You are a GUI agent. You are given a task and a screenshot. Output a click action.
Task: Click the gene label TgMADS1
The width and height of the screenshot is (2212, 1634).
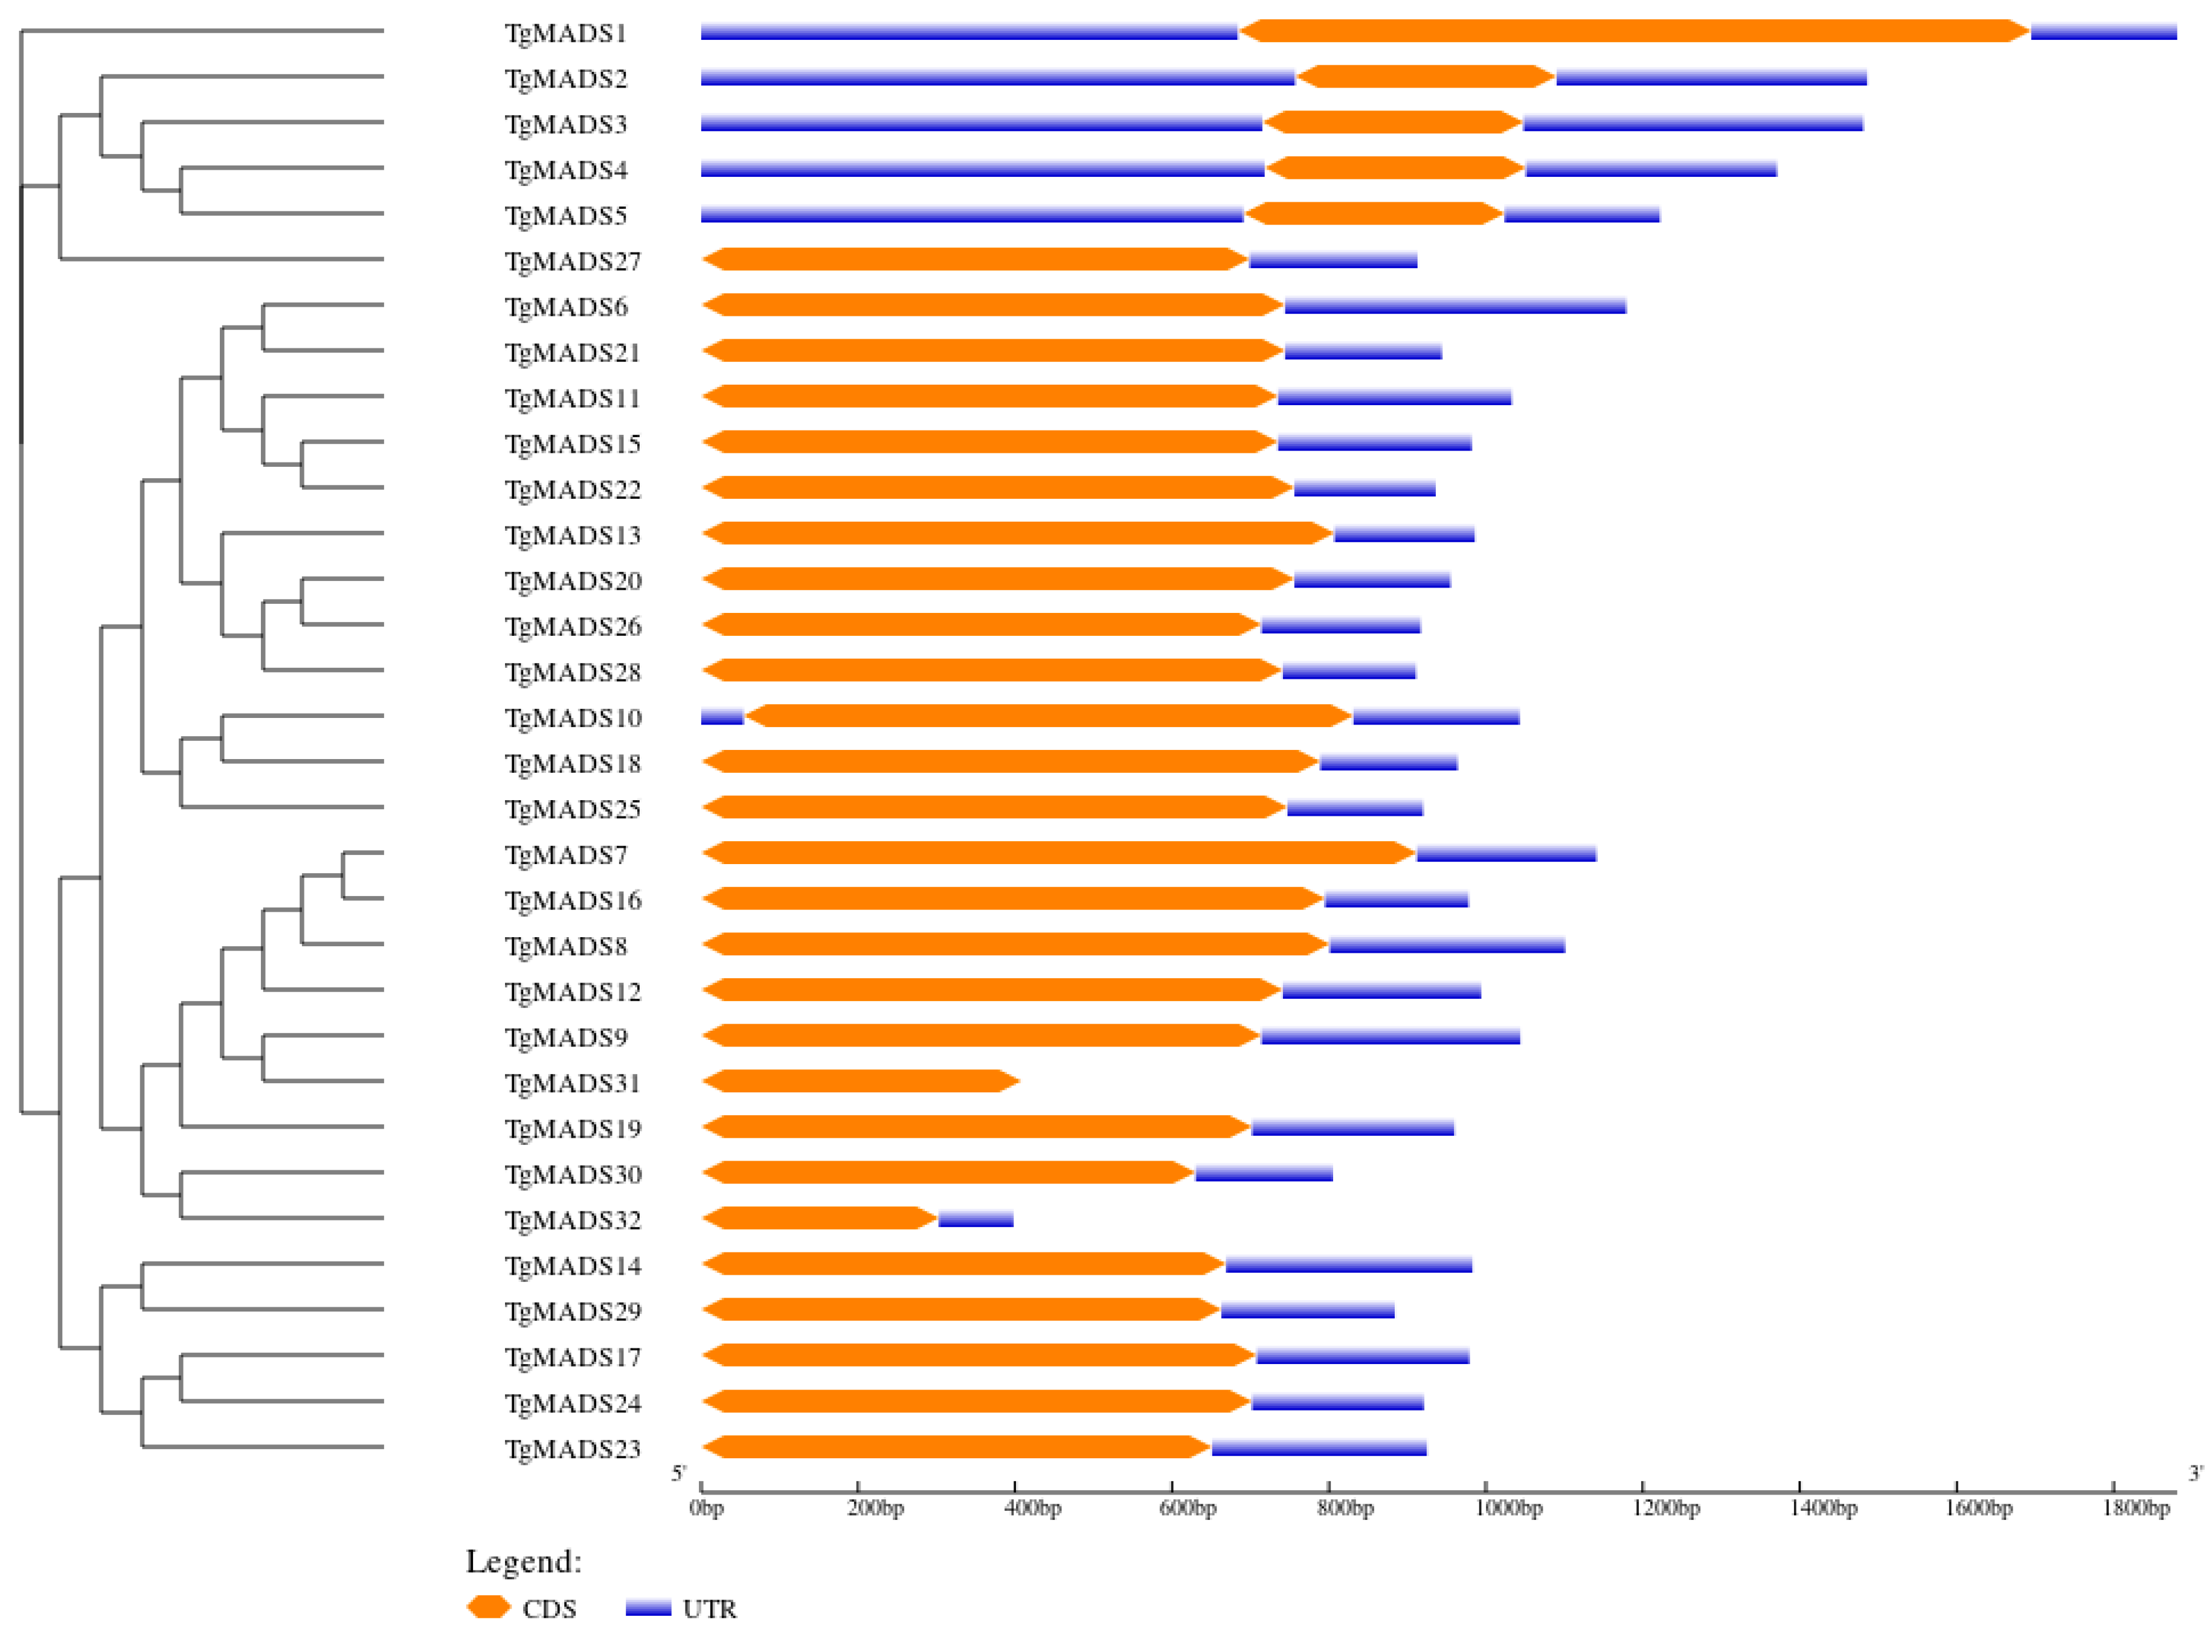pos(566,34)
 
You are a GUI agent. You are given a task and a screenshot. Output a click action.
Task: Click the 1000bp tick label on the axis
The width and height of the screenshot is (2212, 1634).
pos(1509,1508)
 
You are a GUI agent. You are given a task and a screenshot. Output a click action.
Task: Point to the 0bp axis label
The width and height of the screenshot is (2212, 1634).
pos(706,1508)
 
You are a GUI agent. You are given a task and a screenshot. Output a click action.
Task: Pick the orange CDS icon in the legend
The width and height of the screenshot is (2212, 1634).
pos(489,1607)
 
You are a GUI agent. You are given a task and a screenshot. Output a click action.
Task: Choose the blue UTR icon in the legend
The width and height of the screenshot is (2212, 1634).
pos(648,1608)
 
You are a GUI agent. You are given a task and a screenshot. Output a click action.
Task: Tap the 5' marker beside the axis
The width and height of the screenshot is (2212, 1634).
pos(678,1474)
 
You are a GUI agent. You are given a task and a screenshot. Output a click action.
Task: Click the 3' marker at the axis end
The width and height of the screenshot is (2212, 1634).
pos(2195,1474)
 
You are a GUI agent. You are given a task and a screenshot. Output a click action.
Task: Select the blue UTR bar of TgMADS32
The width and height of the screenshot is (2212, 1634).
pos(976,1219)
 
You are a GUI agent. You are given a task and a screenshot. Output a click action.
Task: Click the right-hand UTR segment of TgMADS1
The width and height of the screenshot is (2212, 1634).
pos(2103,33)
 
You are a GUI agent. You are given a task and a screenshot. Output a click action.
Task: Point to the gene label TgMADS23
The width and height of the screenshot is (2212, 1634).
pos(573,1449)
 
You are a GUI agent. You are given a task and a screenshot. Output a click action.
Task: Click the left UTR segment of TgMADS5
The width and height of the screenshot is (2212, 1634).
pos(971,214)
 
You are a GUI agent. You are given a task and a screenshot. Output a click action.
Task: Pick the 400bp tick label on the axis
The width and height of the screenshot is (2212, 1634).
pos(1033,1508)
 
